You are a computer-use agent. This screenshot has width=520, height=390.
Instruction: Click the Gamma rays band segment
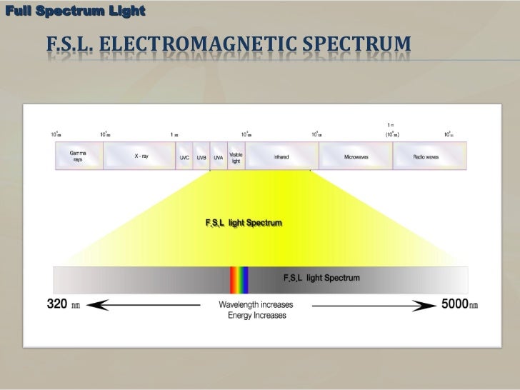(78, 156)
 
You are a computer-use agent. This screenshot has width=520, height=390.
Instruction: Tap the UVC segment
(184, 156)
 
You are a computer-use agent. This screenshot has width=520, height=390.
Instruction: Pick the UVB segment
(201, 156)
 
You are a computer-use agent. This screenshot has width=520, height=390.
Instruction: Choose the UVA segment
(219, 156)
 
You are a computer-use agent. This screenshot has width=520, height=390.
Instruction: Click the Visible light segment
(236, 156)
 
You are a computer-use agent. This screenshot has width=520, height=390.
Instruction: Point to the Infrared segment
(281, 156)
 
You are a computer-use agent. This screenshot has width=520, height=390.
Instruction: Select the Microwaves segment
(356, 156)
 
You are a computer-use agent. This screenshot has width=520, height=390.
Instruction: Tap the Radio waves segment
(426, 156)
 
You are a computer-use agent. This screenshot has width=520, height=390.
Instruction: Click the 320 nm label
(64, 304)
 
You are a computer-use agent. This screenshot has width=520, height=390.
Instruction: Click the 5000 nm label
(459, 304)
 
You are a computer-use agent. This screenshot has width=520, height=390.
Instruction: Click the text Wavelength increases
(255, 304)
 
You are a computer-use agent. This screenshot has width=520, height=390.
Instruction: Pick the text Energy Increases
(256, 315)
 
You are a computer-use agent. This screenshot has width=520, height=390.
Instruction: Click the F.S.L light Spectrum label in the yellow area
(244, 223)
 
